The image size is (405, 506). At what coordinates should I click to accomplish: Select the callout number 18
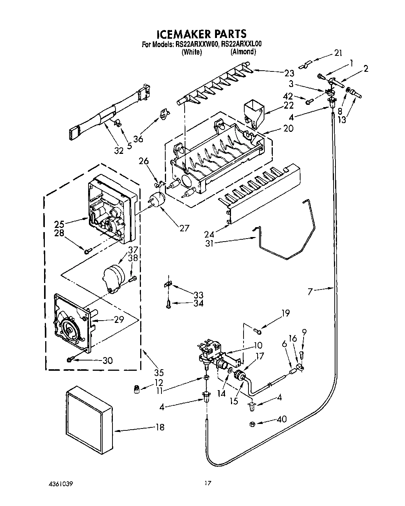tap(160, 427)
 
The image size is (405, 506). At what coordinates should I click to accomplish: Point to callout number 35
tap(149, 372)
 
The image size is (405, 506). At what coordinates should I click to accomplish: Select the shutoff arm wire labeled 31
tap(289, 247)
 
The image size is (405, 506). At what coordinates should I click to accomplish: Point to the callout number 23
tap(289, 73)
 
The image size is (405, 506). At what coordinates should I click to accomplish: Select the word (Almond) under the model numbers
tap(243, 52)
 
